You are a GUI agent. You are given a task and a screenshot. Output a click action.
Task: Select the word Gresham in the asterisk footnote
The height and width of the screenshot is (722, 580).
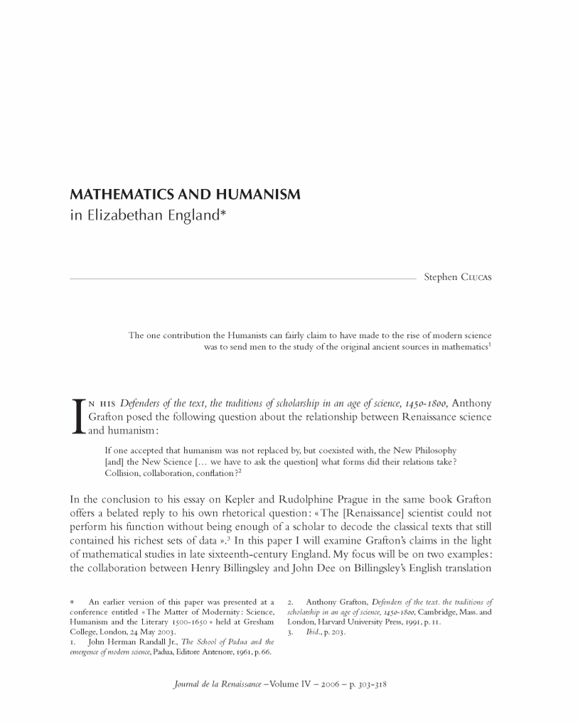point(257,621)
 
